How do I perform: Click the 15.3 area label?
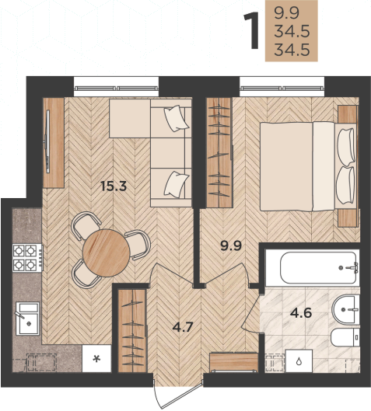(114, 186)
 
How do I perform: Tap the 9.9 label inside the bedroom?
(231, 246)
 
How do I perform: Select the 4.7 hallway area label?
(183, 327)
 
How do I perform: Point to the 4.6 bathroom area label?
(301, 312)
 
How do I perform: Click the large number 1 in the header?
(252, 30)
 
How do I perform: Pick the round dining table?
(106, 253)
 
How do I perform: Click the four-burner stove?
(28, 258)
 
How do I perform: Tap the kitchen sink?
(27, 319)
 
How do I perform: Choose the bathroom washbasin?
(345, 309)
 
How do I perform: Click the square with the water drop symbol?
(299, 360)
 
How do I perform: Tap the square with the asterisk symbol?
(96, 358)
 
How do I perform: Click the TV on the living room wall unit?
(47, 141)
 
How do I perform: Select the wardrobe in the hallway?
(131, 330)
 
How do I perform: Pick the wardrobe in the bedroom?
(219, 153)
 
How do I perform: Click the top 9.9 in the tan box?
(286, 13)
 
